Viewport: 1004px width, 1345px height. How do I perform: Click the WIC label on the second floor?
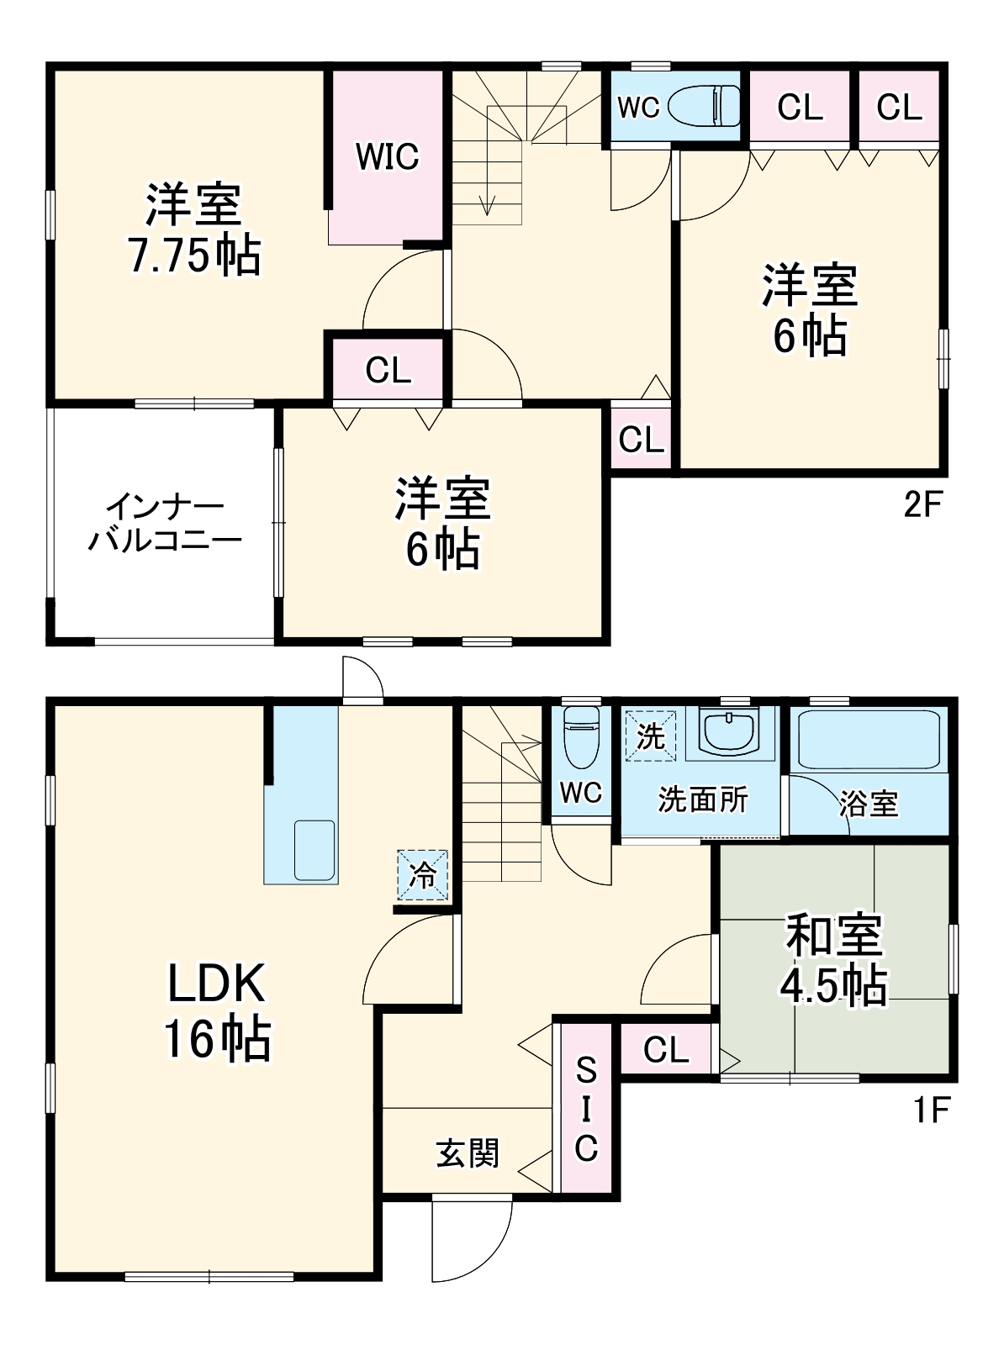387,156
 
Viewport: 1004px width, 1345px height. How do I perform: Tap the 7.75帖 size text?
195,256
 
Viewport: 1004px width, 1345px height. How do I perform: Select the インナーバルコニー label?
165,523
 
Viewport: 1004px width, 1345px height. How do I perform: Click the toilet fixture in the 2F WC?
705,107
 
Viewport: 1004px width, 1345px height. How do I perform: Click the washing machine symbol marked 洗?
650,736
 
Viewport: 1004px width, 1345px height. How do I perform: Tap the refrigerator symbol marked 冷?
422,875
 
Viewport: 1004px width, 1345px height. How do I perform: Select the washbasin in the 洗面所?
730,732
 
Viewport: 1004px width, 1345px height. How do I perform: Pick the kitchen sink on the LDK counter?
314,850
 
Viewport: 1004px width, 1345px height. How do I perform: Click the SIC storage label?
586,1110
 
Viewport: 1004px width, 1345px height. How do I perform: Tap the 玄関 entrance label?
468,1153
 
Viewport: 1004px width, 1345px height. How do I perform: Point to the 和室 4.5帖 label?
833,959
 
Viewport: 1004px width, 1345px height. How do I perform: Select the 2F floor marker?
922,504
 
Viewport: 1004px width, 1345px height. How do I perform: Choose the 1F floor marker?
931,1110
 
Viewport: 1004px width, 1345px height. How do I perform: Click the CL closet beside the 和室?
666,1050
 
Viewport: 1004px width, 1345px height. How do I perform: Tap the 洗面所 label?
702,799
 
